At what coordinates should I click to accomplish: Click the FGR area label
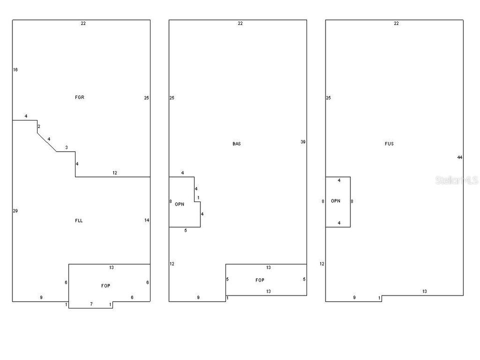tap(79, 97)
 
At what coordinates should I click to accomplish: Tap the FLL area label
tap(78, 220)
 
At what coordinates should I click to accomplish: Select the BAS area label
tap(236, 143)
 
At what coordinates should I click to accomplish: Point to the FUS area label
tap(389, 143)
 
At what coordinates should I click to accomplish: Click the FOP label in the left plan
tap(105, 285)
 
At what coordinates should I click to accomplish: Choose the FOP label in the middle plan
tap(260, 280)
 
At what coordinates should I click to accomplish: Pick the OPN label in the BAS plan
tap(179, 204)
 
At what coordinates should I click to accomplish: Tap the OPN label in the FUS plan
tap(335, 201)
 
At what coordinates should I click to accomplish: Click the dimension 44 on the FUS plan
tap(459, 157)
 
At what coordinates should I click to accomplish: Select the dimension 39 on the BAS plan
tap(303, 141)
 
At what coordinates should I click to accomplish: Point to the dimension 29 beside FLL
tap(15, 210)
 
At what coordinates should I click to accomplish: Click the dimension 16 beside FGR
tap(15, 70)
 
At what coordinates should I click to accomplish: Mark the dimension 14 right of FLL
tap(146, 220)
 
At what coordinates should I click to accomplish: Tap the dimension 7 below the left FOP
tap(91, 304)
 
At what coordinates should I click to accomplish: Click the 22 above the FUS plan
tap(396, 23)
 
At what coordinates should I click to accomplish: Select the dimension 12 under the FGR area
tap(114, 172)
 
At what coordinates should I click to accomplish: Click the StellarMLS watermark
tap(456, 180)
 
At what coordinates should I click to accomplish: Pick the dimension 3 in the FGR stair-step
tap(66, 147)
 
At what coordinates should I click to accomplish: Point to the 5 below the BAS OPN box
tap(185, 230)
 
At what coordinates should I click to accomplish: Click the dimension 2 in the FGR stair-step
tap(39, 126)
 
